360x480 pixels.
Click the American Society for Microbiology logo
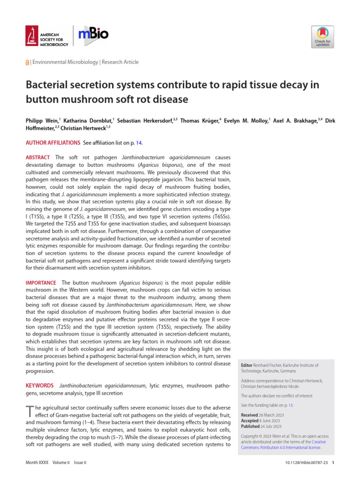coord(47,37)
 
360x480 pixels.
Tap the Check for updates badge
coord(322,37)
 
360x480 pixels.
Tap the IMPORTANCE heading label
coord(41,282)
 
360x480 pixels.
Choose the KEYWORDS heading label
coord(39,385)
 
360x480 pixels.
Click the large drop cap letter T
coord(30,411)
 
